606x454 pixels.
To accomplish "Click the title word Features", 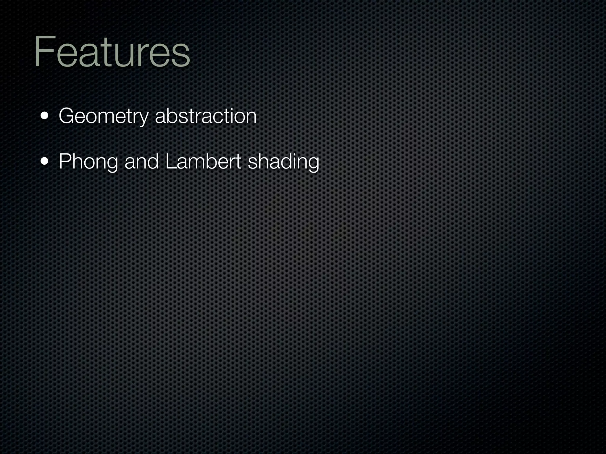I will [x=112, y=52].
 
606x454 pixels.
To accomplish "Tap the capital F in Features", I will [x=44, y=51].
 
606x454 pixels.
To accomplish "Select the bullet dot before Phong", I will [x=45, y=162].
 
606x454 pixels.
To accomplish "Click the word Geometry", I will [x=103, y=116].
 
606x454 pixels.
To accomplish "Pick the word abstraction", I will [x=206, y=116].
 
